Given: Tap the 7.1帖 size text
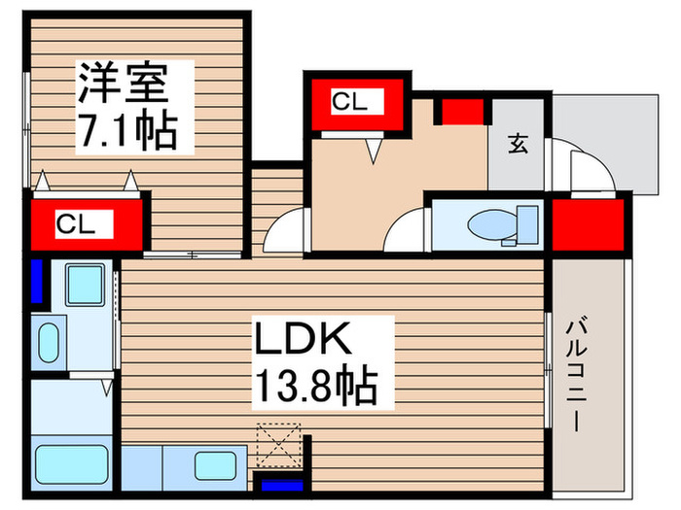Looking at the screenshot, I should coord(127,129).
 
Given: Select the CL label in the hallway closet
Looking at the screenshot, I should coord(350,101).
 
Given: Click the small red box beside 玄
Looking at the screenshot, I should coord(463,111).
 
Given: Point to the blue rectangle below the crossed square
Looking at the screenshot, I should coord(279,485).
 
